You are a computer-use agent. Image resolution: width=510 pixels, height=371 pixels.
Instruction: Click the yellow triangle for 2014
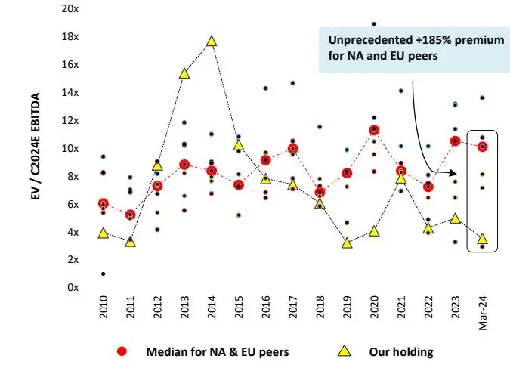(212, 41)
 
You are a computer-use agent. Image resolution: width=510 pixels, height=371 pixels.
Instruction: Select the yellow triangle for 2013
(184, 73)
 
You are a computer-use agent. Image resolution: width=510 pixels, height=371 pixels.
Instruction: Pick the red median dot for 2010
(103, 204)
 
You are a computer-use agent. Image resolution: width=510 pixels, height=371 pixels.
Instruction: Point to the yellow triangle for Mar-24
(482, 239)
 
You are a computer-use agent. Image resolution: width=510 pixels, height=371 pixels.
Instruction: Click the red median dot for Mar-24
(482, 147)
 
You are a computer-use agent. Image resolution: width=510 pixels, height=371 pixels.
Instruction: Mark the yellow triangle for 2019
(347, 243)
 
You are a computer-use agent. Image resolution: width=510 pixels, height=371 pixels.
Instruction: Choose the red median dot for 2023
(455, 141)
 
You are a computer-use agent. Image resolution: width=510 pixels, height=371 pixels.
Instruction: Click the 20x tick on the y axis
(70, 9)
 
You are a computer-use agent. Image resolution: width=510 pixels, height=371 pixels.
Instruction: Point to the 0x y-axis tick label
(73, 287)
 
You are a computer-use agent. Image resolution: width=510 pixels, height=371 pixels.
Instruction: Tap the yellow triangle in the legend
(344, 351)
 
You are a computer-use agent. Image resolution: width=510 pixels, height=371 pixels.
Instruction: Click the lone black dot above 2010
(103, 274)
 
